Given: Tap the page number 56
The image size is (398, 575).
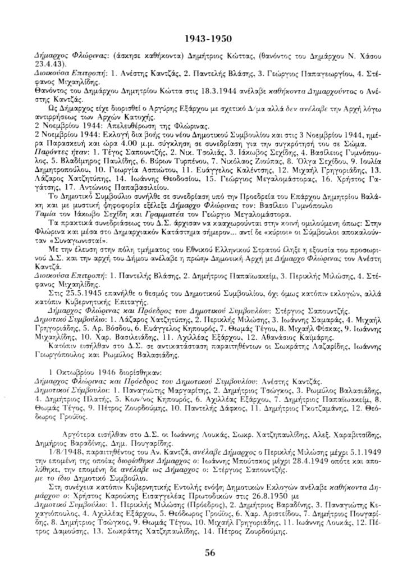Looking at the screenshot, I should [x=210, y=552].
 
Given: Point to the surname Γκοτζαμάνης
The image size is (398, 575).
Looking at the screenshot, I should [x=312, y=402].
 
